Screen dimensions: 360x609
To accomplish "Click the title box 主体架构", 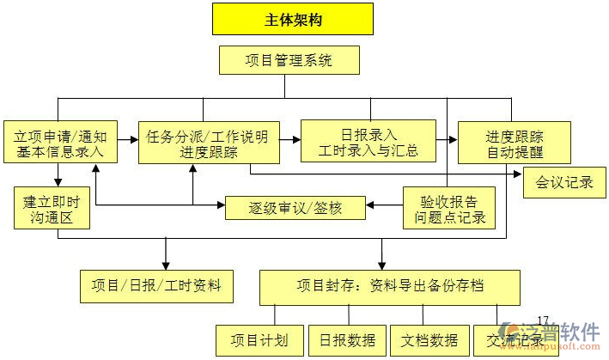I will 293,19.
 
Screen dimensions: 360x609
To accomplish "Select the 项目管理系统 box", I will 289,60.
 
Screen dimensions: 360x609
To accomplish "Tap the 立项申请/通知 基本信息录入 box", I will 59,143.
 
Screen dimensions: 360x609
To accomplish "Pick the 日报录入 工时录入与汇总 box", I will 368,142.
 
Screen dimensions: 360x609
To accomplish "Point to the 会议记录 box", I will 564,182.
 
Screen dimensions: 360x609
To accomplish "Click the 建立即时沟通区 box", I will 52,208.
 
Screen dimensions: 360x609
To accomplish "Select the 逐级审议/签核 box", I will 295,207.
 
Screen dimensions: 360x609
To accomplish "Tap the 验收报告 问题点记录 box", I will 449,208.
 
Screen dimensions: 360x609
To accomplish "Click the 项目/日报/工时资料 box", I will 156,285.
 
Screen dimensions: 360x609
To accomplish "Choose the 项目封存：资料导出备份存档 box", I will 389,285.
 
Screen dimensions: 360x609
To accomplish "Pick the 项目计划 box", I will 259,340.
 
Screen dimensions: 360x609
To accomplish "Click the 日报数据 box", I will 346,340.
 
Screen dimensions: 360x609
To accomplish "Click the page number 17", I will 542,320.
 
